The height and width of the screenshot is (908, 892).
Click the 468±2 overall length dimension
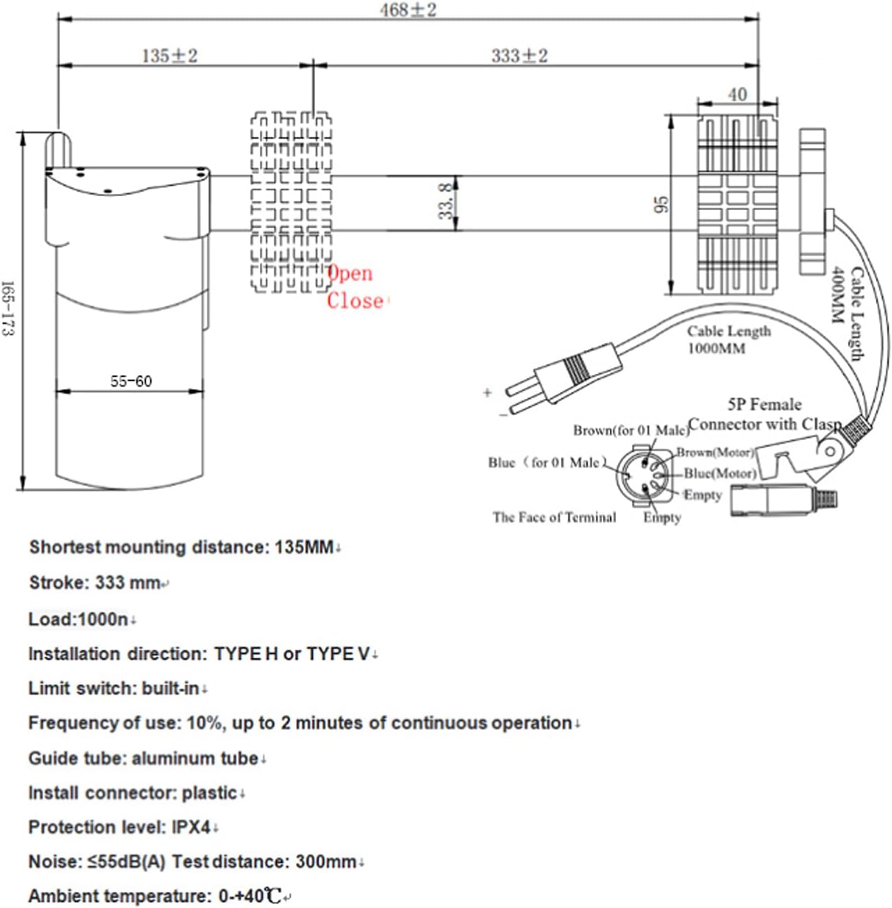coord(408,10)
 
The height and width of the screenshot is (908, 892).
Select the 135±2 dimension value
coord(170,56)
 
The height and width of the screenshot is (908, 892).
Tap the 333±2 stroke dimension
coord(519,56)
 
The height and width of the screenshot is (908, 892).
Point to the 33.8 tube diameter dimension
coord(446,201)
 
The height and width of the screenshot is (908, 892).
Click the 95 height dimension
coord(662,204)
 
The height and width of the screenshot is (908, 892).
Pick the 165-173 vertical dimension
coord(8,309)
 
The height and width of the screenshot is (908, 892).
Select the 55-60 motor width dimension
coord(131,381)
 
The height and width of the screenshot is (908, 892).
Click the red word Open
coord(350,273)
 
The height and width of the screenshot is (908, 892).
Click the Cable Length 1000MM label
coord(729,340)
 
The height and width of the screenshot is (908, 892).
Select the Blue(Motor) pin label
coord(720,473)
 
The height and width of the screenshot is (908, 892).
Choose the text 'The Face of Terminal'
coord(555,517)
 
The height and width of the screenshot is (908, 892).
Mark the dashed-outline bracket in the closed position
coord(291,202)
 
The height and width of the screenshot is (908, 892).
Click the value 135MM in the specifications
coord(304,547)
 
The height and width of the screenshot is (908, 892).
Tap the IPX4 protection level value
coord(191,827)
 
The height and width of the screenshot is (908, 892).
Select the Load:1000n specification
coord(78,619)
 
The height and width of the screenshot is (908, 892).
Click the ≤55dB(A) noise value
coord(127,862)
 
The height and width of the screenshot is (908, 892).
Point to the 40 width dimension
coord(737,95)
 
